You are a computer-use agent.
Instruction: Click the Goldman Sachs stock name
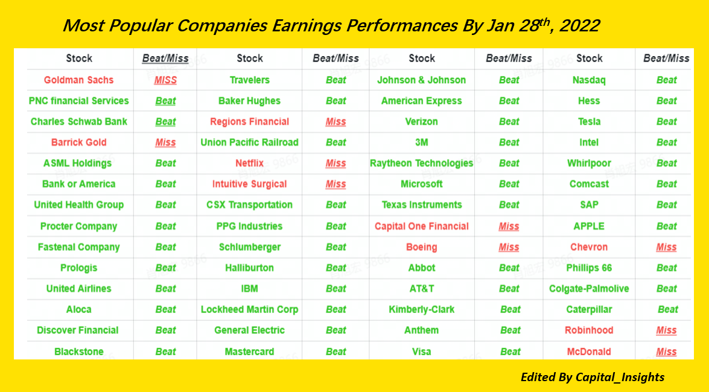coord(78,80)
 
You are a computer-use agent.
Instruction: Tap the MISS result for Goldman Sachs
coord(165,80)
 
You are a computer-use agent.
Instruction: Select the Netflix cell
coord(250,163)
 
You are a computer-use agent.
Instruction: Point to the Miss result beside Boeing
coord(509,247)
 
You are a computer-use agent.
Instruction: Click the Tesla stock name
coord(589,122)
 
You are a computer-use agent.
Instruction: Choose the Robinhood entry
coord(589,330)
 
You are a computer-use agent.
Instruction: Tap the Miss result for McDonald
coord(667,352)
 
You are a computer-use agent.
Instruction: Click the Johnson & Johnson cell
coord(421,80)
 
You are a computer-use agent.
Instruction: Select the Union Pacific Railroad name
coord(250,142)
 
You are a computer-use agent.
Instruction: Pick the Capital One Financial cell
coord(421,226)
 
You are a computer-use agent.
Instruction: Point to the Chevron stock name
coord(589,247)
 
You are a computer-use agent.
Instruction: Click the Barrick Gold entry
coord(78,142)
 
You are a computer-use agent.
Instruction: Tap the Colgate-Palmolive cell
coord(589,288)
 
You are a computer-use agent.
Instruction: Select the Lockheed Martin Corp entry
coord(250,309)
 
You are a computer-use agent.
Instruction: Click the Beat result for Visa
coord(510,352)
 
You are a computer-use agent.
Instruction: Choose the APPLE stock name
coord(589,226)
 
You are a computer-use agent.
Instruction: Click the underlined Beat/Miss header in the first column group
coord(165,58)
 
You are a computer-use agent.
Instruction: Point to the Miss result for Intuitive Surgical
coord(335,184)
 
